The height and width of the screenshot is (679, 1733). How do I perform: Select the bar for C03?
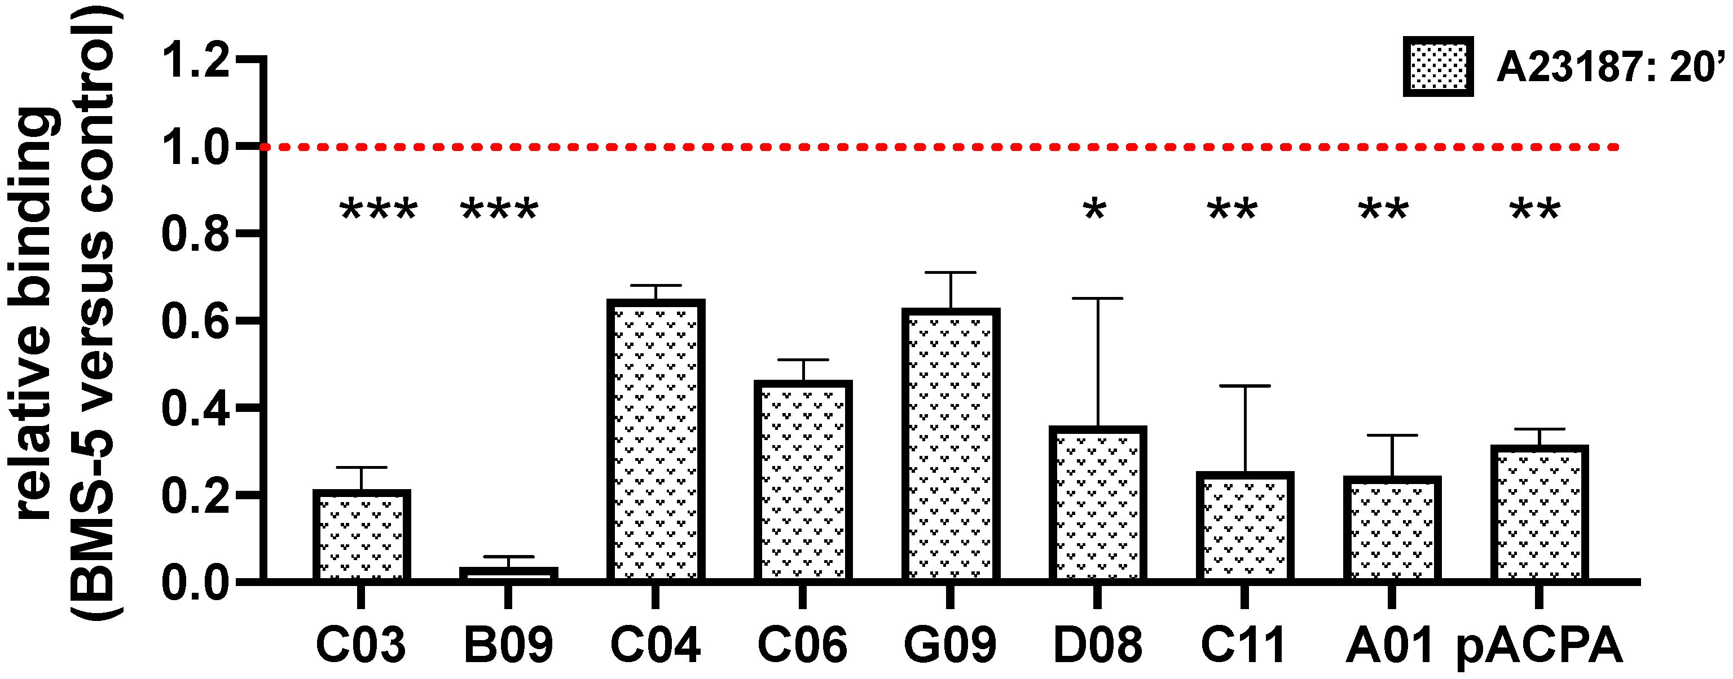point(361,535)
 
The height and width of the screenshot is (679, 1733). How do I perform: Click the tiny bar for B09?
point(509,574)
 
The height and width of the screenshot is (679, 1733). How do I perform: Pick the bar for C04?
point(656,440)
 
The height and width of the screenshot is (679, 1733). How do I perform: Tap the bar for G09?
point(950,445)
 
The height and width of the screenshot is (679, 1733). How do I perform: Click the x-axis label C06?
point(802,645)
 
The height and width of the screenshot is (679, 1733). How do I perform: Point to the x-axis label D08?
point(1097,645)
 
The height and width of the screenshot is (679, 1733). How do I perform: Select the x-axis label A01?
point(1389,645)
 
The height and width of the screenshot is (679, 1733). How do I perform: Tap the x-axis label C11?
point(1243,645)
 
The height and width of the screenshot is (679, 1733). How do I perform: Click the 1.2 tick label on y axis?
point(196,62)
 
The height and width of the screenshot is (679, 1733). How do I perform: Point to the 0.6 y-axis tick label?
point(196,321)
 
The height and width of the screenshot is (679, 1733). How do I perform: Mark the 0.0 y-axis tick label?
point(196,582)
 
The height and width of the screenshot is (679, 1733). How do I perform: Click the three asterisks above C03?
point(379,211)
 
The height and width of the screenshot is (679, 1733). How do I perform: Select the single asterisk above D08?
point(1094,211)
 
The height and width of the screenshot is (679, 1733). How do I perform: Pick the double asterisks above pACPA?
point(1535,211)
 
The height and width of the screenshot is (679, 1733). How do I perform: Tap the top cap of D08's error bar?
point(1098,299)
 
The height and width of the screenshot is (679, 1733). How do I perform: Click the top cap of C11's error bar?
point(1244,387)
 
